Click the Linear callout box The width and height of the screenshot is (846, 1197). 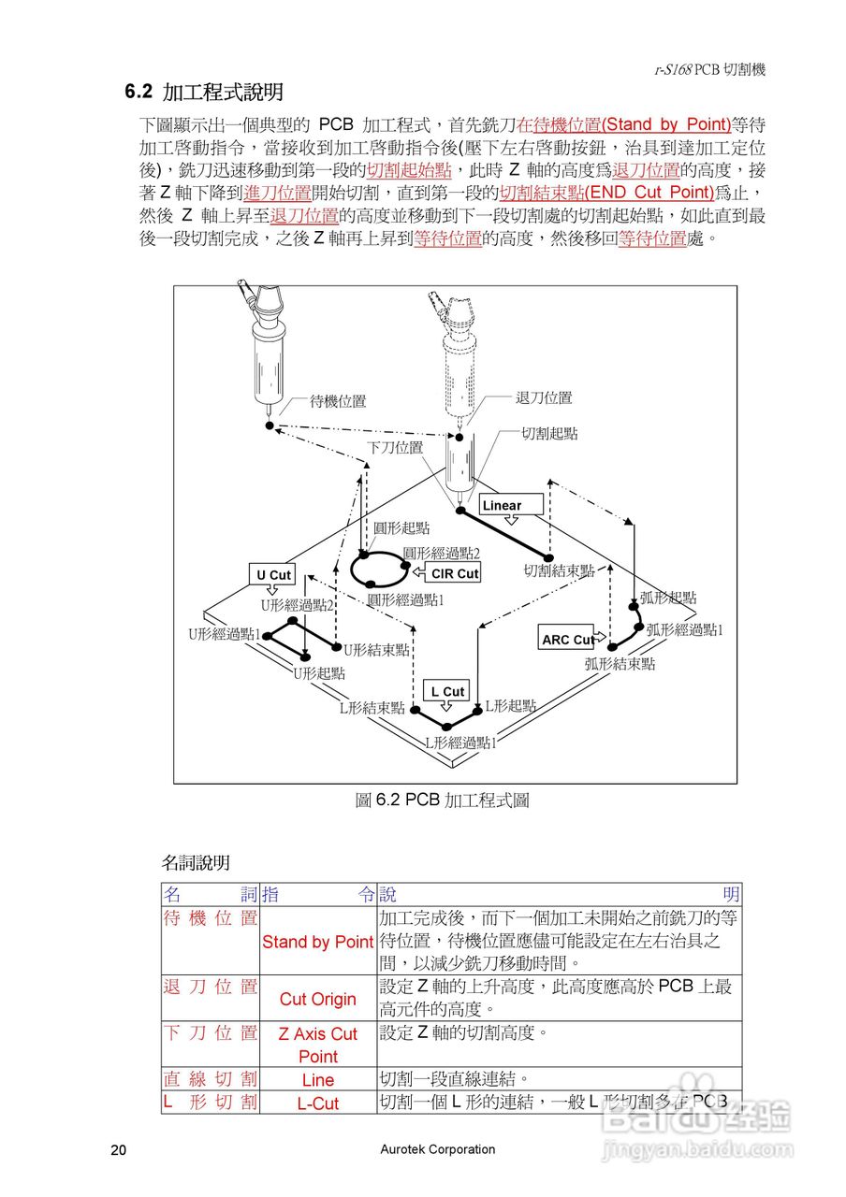(x=511, y=505)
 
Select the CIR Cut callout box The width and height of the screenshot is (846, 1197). (x=455, y=573)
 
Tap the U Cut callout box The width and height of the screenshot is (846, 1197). (x=273, y=574)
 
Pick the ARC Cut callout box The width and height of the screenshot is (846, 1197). (x=568, y=640)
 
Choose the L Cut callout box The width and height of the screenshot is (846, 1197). (x=447, y=691)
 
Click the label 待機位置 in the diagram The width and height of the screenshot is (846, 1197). (x=338, y=401)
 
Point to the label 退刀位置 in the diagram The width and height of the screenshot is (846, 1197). (x=544, y=397)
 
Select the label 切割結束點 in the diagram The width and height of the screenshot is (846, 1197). (x=559, y=570)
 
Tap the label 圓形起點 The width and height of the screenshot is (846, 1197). (x=401, y=528)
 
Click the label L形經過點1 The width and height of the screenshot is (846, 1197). (x=460, y=743)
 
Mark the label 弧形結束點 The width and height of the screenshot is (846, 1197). (x=620, y=664)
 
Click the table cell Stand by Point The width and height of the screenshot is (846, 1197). (x=318, y=942)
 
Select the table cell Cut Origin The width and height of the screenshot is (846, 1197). (x=318, y=999)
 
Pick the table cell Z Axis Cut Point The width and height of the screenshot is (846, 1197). (x=318, y=1045)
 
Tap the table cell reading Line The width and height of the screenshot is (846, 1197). (x=318, y=1080)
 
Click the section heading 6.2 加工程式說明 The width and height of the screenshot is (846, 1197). (x=205, y=93)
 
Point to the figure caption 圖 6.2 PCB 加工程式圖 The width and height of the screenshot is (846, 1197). (x=443, y=800)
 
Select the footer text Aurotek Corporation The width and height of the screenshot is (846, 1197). (x=438, y=1149)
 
